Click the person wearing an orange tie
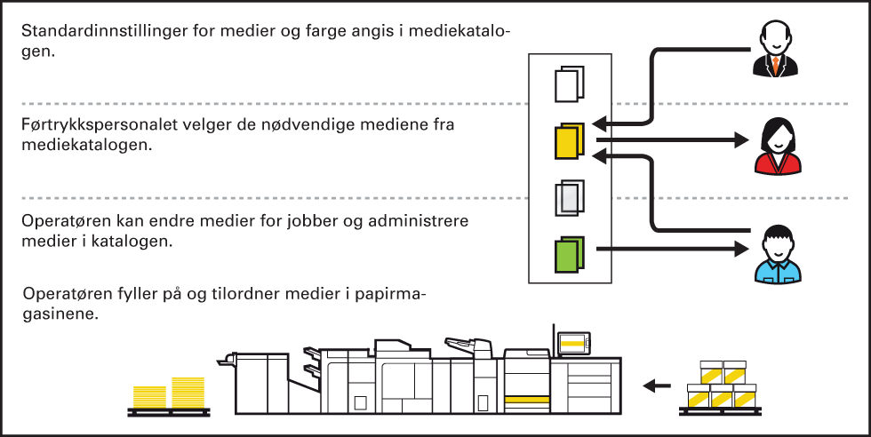point(776,52)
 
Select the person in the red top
point(778,147)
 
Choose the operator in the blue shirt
point(778,256)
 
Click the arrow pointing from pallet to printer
point(657,385)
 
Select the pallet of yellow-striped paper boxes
point(722,387)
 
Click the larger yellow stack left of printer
point(188,393)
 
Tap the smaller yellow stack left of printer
point(148,397)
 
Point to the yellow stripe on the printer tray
point(527,401)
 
